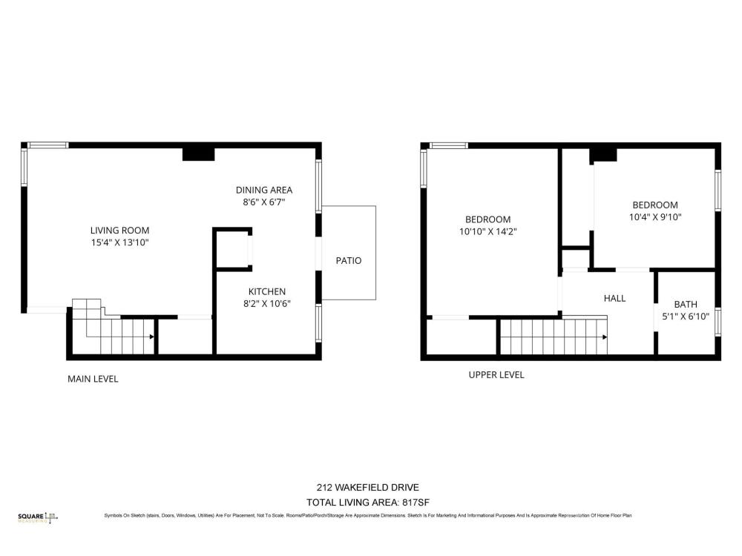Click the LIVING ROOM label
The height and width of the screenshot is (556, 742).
coord(119,231)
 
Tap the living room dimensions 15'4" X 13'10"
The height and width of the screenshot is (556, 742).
coord(119,242)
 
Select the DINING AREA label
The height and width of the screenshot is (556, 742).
coord(264,190)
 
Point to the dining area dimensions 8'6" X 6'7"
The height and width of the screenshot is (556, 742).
coord(264,202)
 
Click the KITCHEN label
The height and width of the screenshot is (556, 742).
coord(267,291)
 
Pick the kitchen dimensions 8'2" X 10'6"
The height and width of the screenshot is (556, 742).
coord(267,303)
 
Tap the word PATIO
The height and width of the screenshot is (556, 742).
coord(349,260)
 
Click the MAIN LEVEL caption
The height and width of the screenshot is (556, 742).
coord(93,379)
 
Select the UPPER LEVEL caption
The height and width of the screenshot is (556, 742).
coord(496,375)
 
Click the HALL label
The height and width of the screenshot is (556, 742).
coord(614,298)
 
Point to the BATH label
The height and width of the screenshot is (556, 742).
coord(686,305)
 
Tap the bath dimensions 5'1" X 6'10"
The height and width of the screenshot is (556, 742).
coord(686,317)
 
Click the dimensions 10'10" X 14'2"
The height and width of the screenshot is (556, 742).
coord(488,231)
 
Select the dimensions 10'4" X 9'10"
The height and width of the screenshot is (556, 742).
coord(655,217)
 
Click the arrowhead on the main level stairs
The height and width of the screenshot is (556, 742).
coord(152,337)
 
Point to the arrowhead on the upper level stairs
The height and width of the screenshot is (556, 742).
coord(605,337)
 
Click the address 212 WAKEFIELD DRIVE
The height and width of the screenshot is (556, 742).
coord(368,488)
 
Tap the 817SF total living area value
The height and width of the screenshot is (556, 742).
coord(416,503)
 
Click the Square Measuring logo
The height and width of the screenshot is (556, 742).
coord(38,517)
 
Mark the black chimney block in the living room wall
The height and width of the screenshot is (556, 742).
coord(199,154)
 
